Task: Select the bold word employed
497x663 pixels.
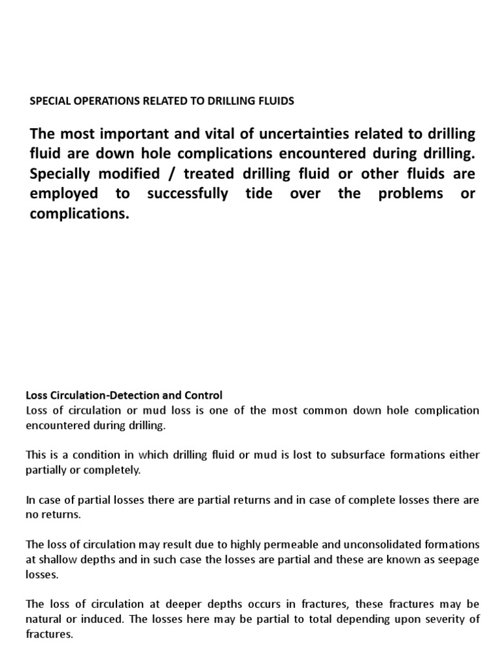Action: tap(64, 194)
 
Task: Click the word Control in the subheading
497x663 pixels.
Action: tap(205, 395)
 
